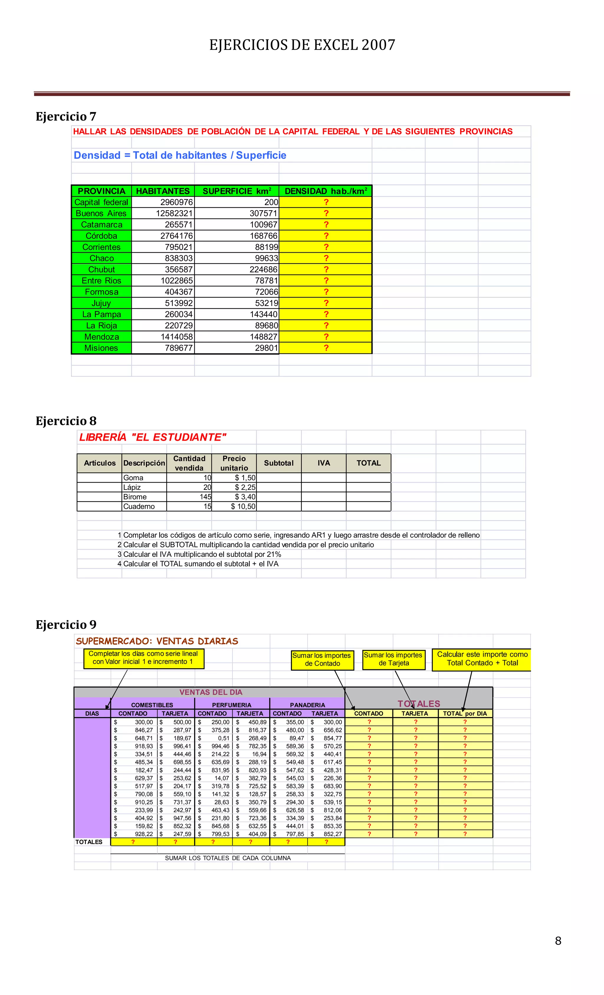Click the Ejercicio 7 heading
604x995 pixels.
point(66,117)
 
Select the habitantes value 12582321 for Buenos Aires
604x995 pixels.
point(174,213)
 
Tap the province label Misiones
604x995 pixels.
point(101,348)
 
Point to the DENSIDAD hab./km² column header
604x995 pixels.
point(325,191)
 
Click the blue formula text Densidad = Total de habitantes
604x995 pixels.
point(180,155)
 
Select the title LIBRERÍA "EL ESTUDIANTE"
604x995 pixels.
point(152,437)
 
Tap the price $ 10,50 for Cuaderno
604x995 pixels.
point(243,506)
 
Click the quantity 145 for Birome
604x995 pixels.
point(205,497)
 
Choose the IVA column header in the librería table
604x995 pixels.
point(324,463)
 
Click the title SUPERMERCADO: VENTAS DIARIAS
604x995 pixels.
point(157,641)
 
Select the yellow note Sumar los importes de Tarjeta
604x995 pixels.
point(393,659)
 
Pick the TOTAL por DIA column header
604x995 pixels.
point(465,714)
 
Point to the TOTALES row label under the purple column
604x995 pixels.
point(89,842)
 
